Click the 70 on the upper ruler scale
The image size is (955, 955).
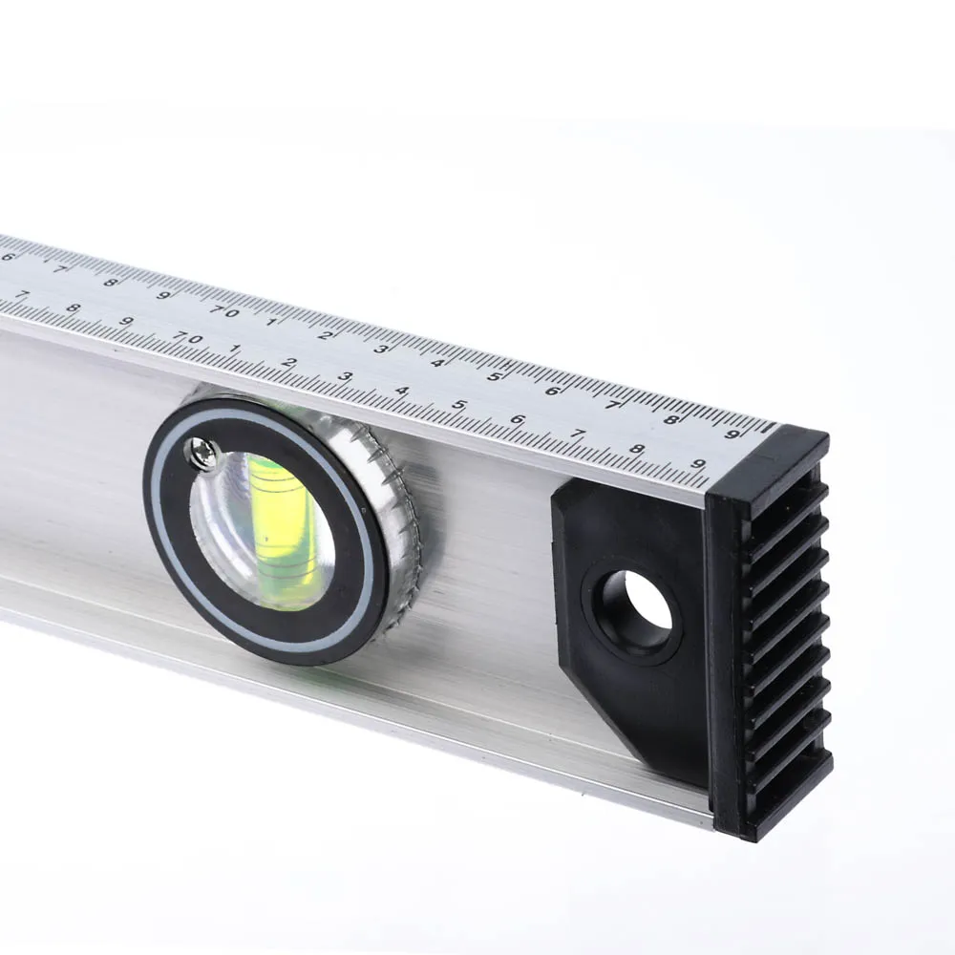point(224,312)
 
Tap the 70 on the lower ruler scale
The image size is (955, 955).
point(187,337)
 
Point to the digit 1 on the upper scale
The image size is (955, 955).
point(271,322)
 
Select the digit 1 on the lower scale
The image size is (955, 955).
point(235,349)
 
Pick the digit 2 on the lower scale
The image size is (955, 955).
point(289,362)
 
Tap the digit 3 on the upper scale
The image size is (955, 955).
point(381,349)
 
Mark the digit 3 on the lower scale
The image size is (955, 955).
point(346,376)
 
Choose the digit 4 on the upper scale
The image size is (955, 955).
point(436,363)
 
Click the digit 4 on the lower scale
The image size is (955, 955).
point(402,391)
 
